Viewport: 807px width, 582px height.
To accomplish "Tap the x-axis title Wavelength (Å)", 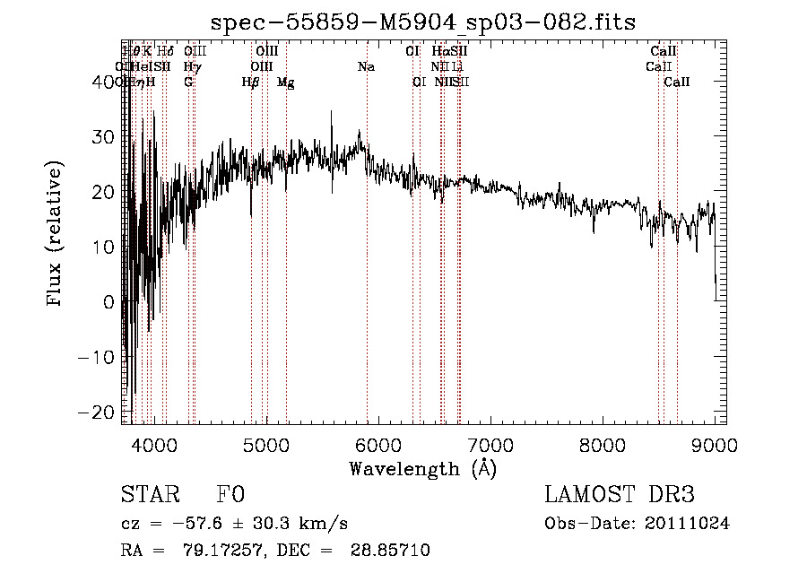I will coord(422,468).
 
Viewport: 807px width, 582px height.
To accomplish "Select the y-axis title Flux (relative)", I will coord(56,235).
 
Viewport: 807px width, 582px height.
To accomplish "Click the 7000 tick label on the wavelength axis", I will coord(490,444).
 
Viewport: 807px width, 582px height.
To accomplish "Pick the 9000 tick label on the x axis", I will coord(714,444).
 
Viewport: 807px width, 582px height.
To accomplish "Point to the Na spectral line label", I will coord(366,66).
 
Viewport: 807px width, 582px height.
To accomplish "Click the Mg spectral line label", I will coord(285,82).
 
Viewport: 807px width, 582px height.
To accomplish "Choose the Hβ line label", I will coord(250,82).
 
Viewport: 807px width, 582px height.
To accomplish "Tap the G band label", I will coord(188,82).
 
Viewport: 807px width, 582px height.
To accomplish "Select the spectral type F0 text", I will coord(230,495).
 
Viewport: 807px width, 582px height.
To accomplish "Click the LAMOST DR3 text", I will coord(620,495).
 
